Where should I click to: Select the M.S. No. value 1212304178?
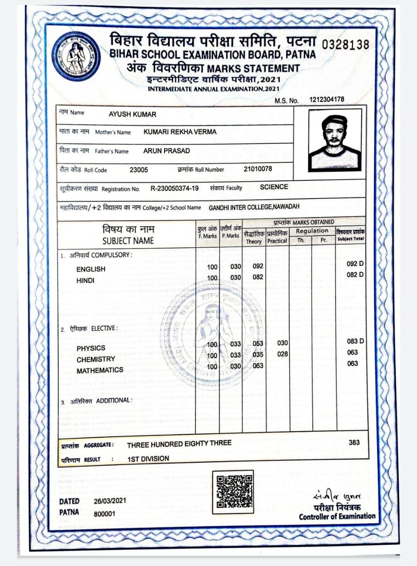(327, 100)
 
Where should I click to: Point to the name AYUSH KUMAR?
(132, 115)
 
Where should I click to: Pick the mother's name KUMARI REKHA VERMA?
(180, 132)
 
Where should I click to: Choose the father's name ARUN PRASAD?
(166, 151)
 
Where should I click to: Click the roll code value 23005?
(139, 170)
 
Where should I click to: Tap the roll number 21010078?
(258, 169)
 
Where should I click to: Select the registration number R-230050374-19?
(175, 188)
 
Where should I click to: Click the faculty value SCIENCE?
(274, 187)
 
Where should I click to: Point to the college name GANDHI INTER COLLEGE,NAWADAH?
(254, 207)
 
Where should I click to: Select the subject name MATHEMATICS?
(100, 370)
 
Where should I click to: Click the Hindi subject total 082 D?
(355, 275)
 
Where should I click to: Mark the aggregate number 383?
(354, 442)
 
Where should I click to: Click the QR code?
(233, 491)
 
